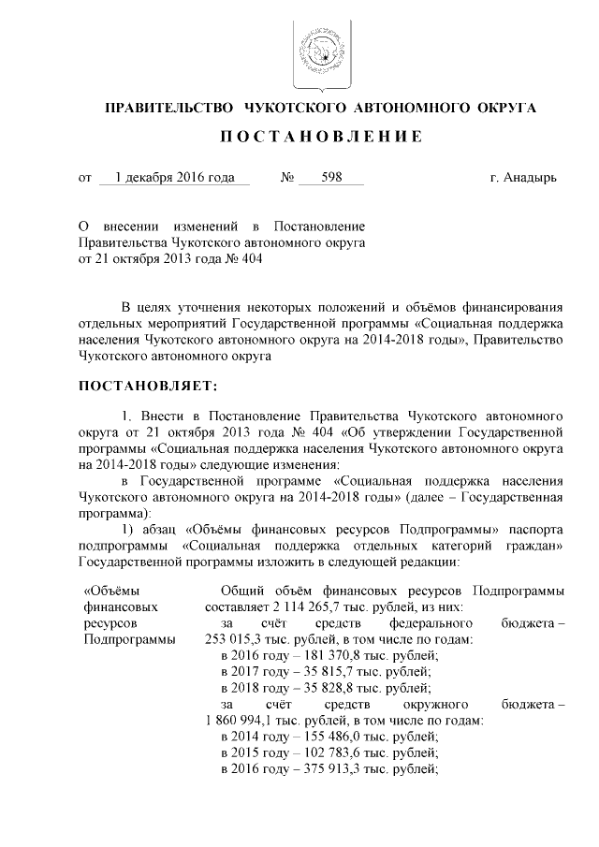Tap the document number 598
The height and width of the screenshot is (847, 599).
coord(331,176)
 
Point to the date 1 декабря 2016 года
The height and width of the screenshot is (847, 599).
coord(173,176)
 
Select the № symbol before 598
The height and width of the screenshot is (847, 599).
coord(288,176)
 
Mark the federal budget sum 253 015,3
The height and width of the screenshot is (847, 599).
coord(237,640)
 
